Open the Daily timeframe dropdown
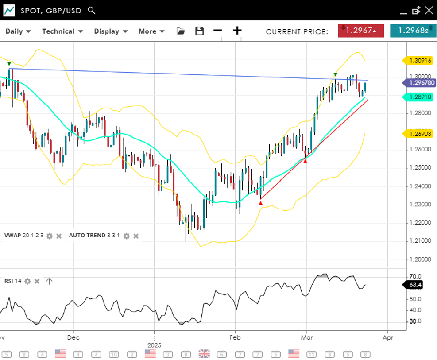(18, 31)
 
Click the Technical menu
(62, 31)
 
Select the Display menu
(111, 31)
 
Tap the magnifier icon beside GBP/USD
(92, 10)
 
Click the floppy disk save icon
(200, 31)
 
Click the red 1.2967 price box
(361, 31)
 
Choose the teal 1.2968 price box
(413, 31)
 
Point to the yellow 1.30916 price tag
(419, 60)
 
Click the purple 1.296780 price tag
(419, 82)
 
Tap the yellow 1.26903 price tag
(419, 133)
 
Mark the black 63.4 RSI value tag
(414, 285)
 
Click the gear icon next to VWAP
(50, 236)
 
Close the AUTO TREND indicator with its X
(136, 236)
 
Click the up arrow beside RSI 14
(49, 281)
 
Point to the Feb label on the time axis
(235, 337)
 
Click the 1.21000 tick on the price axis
(420, 240)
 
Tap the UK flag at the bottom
(204, 353)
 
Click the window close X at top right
(429, 10)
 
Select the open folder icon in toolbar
(180, 31)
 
